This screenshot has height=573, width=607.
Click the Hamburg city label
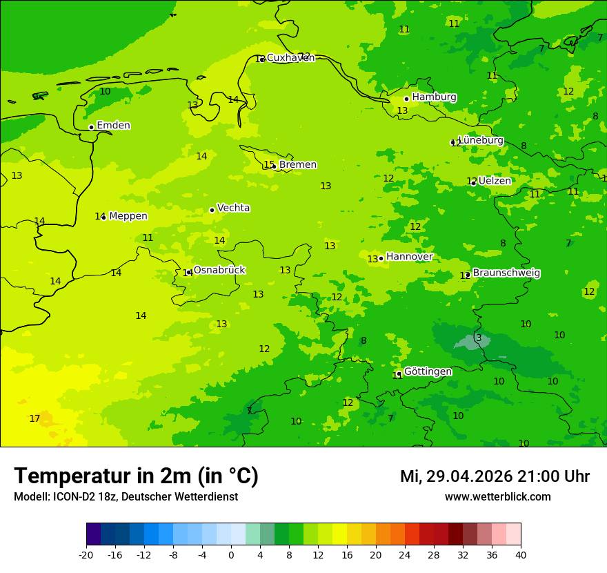[434, 97]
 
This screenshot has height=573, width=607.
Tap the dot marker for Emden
[91, 127]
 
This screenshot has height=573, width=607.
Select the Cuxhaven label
[290, 58]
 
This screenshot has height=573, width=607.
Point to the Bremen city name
[297, 165]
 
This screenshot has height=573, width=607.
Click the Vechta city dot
[212, 210]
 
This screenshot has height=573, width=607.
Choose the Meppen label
[128, 216]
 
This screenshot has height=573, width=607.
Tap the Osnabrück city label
[219, 271]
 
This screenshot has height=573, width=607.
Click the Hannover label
[409, 257]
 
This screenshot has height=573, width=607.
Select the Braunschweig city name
[506, 273]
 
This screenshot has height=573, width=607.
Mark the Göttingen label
[428, 372]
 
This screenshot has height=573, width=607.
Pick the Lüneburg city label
[480, 140]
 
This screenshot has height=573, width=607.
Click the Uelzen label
[495, 181]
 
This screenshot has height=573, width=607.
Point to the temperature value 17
[34, 419]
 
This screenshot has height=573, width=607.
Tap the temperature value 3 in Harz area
[479, 338]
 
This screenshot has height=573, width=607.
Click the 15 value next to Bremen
[269, 165]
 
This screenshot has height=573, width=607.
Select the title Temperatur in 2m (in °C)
[136, 476]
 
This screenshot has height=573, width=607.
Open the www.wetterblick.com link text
[497, 497]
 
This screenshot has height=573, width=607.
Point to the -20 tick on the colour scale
[86, 555]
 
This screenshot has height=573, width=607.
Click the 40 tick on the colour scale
[521, 555]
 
